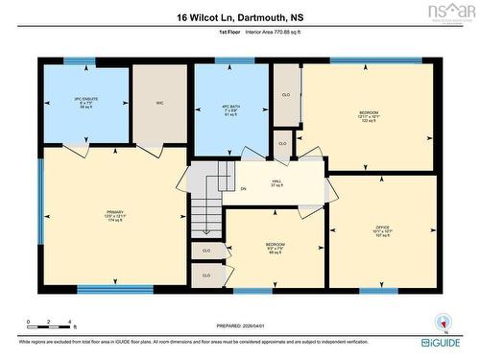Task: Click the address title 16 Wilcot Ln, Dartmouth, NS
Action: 240,16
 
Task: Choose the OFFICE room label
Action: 381,229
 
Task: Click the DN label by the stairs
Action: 243,189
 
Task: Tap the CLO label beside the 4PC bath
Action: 285,95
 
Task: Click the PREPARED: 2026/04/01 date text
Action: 240,325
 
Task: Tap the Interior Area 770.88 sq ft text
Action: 272,33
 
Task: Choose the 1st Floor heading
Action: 228,33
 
